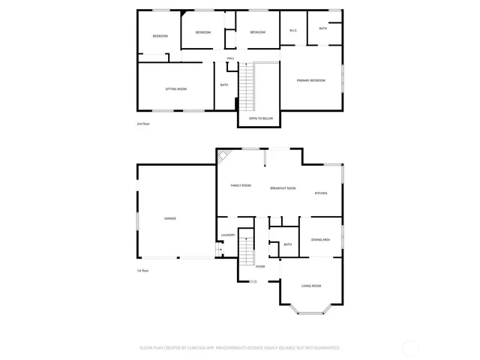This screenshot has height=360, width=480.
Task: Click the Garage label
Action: (170, 218)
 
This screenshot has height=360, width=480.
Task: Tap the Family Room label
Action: (241, 185)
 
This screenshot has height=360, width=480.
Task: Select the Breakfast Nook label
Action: (283, 188)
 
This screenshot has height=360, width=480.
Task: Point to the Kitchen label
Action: (321, 193)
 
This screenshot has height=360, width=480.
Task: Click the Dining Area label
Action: (321, 239)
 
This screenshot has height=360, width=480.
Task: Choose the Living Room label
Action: (311, 286)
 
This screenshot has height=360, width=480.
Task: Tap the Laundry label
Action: (228, 235)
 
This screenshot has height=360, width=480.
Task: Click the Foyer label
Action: (260, 266)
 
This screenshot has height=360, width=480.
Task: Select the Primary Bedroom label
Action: (310, 80)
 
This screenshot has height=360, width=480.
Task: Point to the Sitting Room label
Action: (176, 89)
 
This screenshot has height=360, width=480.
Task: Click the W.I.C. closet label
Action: (293, 31)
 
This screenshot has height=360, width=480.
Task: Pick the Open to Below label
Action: (261, 118)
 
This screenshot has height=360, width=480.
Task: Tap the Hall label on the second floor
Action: (231, 58)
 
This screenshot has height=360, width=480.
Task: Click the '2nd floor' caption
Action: (143, 124)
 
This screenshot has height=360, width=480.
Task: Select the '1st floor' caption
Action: (142, 270)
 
